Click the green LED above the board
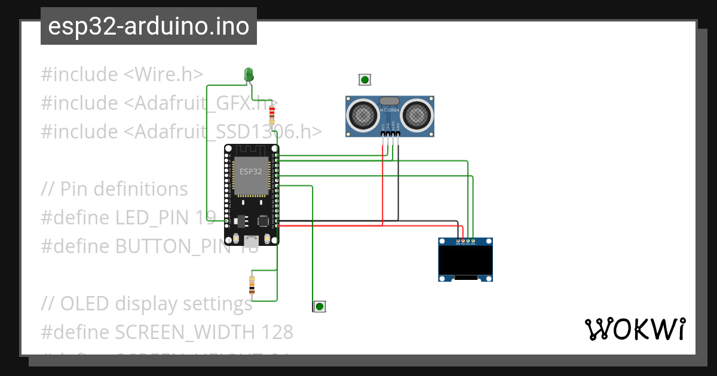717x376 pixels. coord(249,74)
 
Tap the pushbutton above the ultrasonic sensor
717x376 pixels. coord(364,79)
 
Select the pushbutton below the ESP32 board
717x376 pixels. coord(320,307)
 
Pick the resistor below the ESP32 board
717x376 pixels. coord(252,285)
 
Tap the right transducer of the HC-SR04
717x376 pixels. coord(416,114)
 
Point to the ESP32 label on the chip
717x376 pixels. coord(250,171)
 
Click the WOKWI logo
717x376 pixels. coord(635,329)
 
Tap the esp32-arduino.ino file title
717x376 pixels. coord(149,26)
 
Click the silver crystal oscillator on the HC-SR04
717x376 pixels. coord(390,102)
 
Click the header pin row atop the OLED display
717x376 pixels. coord(465,242)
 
